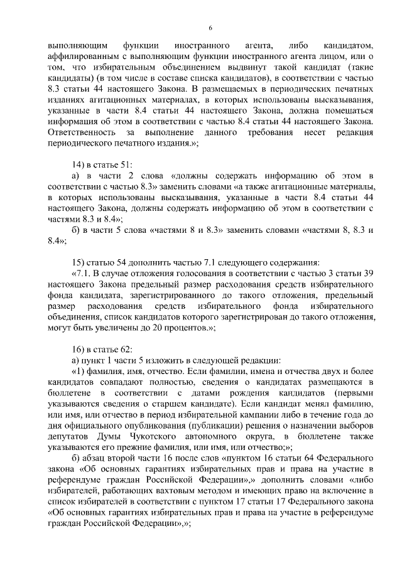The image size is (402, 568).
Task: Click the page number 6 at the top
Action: click(210, 28)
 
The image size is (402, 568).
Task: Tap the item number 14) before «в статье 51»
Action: click(79, 164)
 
